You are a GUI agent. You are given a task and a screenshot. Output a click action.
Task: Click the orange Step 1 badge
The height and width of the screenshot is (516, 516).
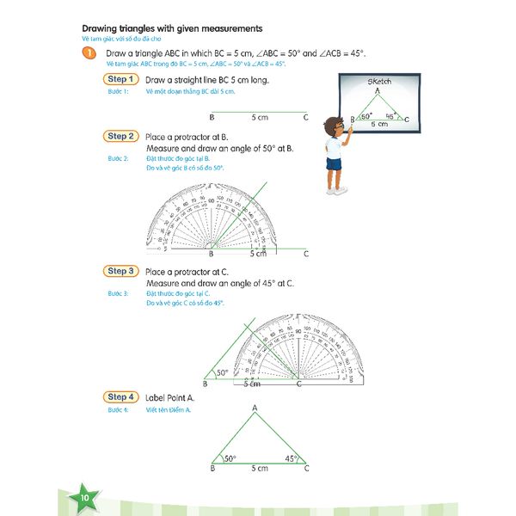(x=121, y=79)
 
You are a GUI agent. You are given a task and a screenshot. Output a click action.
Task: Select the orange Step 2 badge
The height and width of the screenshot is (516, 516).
(x=121, y=136)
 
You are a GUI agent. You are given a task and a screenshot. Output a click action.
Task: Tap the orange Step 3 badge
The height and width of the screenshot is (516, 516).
(x=121, y=271)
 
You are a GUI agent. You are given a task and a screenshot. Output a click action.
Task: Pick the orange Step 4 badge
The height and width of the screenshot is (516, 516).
(x=121, y=396)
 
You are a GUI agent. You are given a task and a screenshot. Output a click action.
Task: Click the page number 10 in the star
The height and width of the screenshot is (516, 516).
(x=83, y=499)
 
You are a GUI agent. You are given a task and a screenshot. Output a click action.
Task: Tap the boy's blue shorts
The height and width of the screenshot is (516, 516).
(x=334, y=163)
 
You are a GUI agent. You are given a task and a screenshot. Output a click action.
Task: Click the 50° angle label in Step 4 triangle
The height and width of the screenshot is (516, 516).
(x=230, y=458)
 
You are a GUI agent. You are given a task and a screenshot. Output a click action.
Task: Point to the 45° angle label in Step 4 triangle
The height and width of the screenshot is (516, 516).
(x=292, y=458)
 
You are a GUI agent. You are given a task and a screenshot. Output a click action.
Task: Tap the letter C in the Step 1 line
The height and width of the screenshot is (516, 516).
(x=306, y=116)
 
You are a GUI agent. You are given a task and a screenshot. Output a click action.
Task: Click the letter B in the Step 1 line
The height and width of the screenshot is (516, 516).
(x=212, y=116)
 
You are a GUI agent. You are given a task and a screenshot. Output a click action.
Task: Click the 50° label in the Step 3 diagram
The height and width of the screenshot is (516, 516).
(x=222, y=372)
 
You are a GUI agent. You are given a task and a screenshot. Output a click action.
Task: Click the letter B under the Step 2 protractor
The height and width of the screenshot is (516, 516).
(x=212, y=255)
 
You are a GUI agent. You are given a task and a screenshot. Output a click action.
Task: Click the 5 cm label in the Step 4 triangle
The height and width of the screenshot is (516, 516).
(x=259, y=469)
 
